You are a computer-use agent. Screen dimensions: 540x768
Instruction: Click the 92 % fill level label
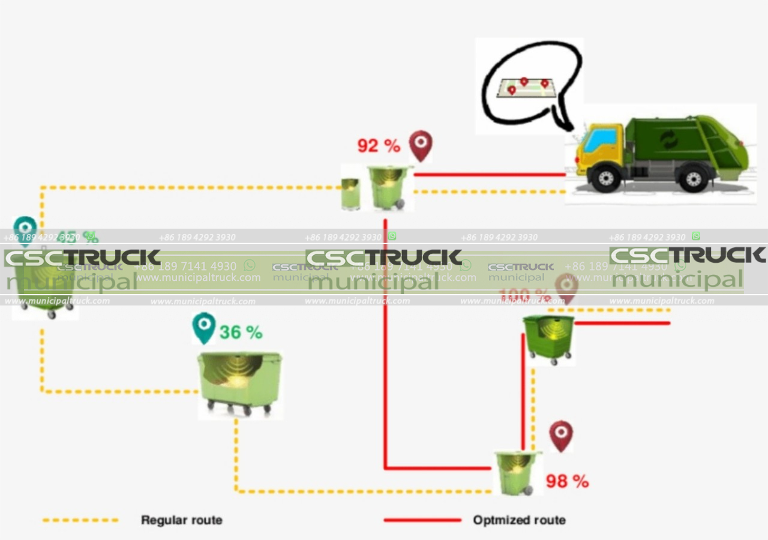point(378,145)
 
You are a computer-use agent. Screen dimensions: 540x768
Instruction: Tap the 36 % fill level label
point(241,332)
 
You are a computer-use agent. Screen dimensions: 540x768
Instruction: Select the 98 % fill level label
point(567,481)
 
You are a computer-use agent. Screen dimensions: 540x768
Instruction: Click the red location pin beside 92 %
point(421,146)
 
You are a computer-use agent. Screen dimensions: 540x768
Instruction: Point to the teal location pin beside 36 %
point(203,328)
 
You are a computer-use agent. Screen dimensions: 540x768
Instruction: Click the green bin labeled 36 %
point(239,383)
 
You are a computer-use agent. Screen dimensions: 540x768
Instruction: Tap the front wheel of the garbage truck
point(605,178)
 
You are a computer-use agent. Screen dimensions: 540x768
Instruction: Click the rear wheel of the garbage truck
point(694,178)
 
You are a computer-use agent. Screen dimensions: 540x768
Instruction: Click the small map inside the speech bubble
point(526,87)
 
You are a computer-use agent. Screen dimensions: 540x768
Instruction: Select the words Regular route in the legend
point(181,520)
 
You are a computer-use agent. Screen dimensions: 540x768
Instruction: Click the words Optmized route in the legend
point(519,520)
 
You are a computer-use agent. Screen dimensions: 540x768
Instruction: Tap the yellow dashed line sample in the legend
point(80,520)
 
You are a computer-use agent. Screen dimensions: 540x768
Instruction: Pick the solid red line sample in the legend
point(422,520)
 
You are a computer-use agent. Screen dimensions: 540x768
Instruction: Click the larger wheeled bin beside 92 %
point(388,187)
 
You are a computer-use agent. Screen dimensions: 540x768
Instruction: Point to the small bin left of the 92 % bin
point(350,193)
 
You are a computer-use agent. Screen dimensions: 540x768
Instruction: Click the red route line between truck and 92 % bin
point(489,175)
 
